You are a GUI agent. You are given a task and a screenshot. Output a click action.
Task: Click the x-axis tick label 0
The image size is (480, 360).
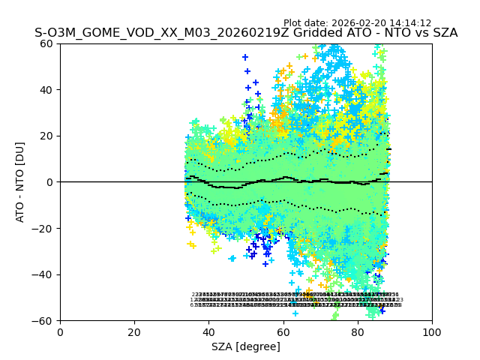[60, 332]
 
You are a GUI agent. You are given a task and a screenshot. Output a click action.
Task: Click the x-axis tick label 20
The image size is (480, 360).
[134, 332]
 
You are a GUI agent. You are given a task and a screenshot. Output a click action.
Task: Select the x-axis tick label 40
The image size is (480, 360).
[208, 332]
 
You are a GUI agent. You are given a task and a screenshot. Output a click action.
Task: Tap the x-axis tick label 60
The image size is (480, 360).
[283, 332]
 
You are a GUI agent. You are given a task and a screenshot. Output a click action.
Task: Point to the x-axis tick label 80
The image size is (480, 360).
[358, 332]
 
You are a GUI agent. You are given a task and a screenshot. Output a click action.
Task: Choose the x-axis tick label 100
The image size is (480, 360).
[432, 332]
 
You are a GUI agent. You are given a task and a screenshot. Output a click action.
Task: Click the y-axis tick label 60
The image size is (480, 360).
[47, 43]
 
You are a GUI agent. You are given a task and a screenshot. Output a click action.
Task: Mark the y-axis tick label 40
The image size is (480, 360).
[47, 90]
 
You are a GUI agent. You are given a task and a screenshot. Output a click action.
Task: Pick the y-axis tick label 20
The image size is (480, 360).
[47, 136]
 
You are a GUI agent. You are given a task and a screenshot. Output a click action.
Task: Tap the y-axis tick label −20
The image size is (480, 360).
[44, 228]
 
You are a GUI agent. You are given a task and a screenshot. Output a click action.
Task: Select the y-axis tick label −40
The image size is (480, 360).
[44, 274]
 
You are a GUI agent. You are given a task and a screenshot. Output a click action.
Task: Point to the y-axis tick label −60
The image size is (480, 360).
[44, 321]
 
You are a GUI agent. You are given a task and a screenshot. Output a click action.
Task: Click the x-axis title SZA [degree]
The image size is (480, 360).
[246, 346]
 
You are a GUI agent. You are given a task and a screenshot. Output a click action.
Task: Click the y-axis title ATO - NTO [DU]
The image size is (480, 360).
[20, 182]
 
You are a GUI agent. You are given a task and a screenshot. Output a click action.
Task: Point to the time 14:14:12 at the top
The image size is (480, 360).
[406, 23]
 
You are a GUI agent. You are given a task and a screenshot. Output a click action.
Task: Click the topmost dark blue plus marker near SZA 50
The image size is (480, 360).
[245, 57]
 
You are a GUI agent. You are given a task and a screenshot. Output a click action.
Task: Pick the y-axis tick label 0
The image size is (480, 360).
[51, 182]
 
